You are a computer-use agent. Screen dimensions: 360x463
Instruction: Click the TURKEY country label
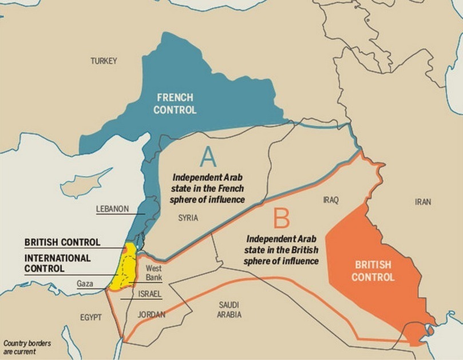[x=104, y=61]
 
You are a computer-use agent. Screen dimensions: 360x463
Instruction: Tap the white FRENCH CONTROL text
[x=175, y=103]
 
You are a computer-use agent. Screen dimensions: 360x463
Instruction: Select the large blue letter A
[x=208, y=156]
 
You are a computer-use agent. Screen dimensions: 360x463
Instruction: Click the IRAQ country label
[x=331, y=200]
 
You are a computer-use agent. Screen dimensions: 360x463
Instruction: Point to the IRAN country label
[x=424, y=202]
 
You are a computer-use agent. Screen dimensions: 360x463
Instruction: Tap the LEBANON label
[x=112, y=209]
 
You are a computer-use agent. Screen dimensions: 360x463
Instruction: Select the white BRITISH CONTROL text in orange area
[x=373, y=271]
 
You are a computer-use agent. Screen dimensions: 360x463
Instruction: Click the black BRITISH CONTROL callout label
[x=62, y=242]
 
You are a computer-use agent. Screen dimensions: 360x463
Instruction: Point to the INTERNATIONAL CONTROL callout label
[x=57, y=263]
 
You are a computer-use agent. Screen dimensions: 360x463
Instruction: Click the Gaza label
[x=85, y=283]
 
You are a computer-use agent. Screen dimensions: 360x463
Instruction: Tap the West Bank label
[x=154, y=273]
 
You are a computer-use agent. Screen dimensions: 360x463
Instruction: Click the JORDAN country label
[x=151, y=314]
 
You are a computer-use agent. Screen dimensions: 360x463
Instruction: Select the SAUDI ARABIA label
[x=229, y=310]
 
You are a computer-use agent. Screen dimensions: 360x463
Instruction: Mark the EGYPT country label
[x=91, y=317]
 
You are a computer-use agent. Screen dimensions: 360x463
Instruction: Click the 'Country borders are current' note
[x=26, y=347]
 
